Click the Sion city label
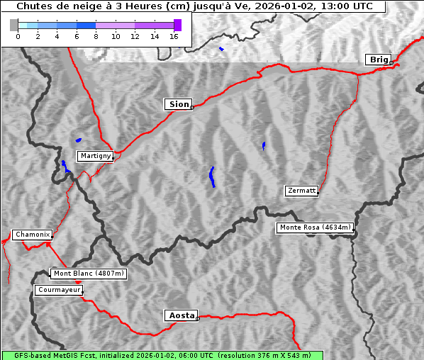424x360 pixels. (179, 104)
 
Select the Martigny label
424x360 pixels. (95, 156)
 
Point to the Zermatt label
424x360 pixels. (301, 191)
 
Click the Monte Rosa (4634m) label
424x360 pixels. (315, 227)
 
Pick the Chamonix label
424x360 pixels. (32, 235)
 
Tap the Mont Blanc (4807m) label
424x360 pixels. (89, 274)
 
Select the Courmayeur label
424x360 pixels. (59, 290)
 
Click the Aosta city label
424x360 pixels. (181, 315)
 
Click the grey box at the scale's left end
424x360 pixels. (14, 25)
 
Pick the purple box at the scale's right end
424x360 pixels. (177, 25)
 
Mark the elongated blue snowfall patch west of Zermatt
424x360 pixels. (212, 176)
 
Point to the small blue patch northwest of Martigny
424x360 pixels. (78, 140)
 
